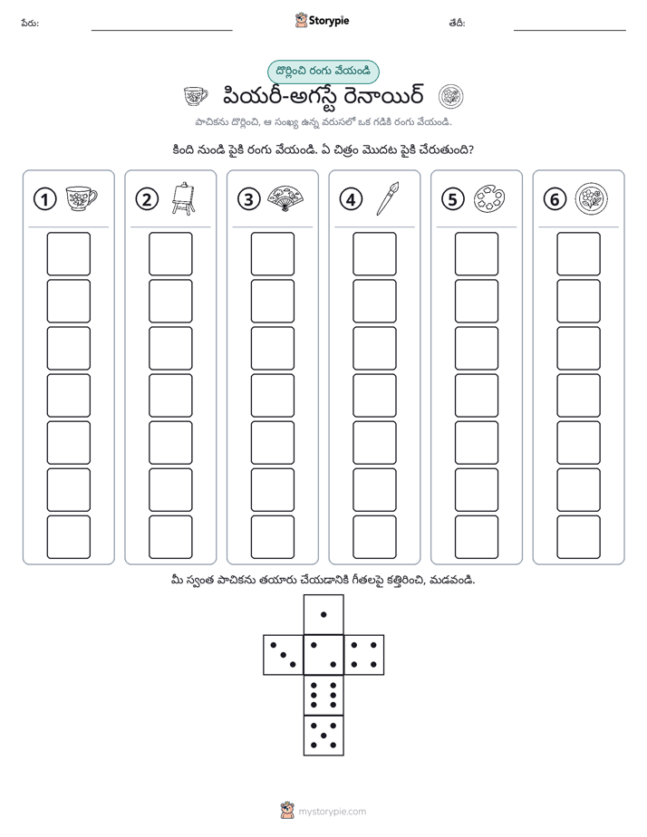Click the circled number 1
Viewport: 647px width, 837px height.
44,199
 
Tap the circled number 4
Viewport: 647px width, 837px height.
351,199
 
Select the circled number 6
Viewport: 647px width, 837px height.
555,199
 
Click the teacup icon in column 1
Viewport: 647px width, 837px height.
82,198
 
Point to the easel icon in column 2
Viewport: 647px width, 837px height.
183,198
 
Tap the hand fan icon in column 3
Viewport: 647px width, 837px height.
285,198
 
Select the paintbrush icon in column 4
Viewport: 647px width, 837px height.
387,198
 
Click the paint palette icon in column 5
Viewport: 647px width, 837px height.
489,198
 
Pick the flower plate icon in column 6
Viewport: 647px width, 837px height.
592,198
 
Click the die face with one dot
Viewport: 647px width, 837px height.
323,614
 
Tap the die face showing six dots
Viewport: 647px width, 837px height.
323,695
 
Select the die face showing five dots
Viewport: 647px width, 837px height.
323,735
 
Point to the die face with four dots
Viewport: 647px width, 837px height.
364,655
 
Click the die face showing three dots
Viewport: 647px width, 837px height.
284,655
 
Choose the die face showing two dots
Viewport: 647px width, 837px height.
323,655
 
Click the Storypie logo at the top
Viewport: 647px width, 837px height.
322,21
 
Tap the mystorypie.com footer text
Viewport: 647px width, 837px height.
332,812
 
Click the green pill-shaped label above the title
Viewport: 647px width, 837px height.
323,72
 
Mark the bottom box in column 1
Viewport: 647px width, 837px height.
68,537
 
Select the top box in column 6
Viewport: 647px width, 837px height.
579,254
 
